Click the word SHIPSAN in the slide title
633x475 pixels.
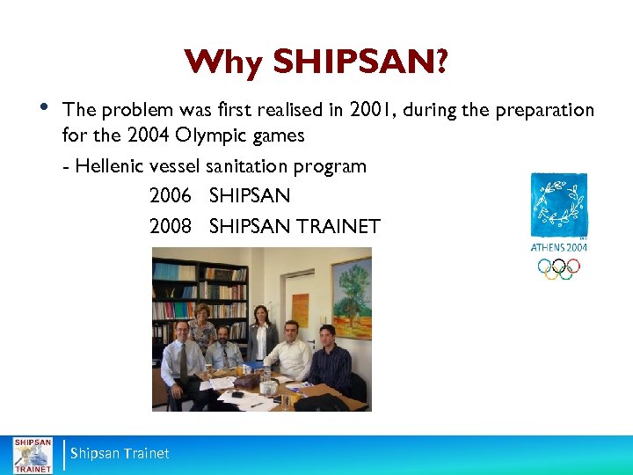click(355, 62)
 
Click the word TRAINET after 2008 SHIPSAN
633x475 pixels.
click(338, 226)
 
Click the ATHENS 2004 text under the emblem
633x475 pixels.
click(559, 247)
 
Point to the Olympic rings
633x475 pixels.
click(559, 267)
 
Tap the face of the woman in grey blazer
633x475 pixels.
click(260, 313)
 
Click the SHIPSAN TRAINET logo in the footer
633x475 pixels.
click(32, 454)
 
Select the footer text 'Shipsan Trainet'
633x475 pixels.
click(120, 454)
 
